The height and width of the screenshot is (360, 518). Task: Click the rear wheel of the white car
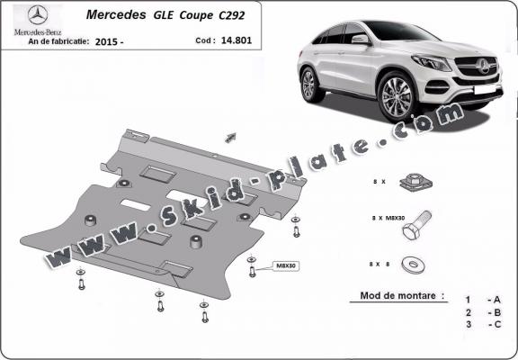[x=310, y=83]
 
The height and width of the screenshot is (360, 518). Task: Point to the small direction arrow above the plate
[x=230, y=136]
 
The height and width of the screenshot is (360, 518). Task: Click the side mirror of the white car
[x=361, y=40]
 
